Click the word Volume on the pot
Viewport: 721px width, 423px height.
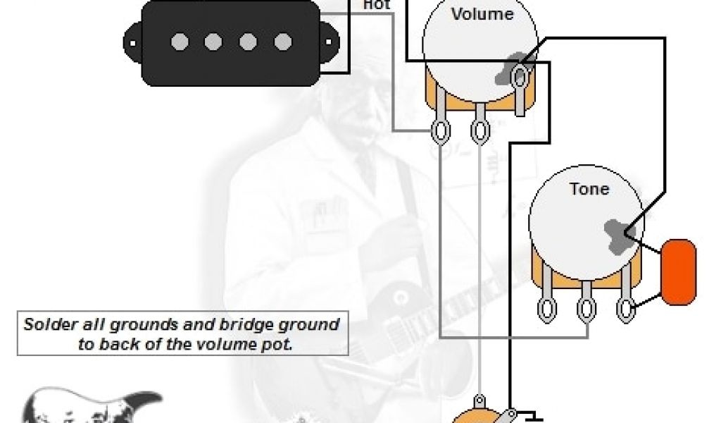coord(482,14)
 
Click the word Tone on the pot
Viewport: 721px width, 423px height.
coord(589,189)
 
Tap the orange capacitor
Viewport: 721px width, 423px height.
coord(679,272)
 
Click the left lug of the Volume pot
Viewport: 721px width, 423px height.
coord(441,130)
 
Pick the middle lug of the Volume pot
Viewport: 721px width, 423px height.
coord(481,130)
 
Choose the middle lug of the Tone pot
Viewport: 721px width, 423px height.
coord(586,308)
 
